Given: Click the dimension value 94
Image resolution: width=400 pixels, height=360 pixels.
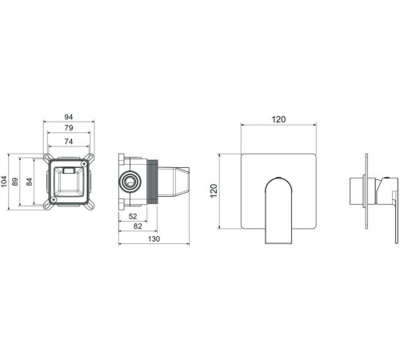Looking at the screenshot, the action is pyautogui.click(x=69, y=117).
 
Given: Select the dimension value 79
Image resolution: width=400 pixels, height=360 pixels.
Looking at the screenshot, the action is pyautogui.click(x=69, y=128).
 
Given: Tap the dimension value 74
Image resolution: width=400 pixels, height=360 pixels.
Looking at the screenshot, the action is pyautogui.click(x=69, y=142).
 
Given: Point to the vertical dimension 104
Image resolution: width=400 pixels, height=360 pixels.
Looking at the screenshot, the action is pyautogui.click(x=4, y=182).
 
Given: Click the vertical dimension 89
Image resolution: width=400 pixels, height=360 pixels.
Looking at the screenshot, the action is pyautogui.click(x=15, y=182).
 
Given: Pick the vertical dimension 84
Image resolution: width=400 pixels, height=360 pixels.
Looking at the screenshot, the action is pyautogui.click(x=29, y=182).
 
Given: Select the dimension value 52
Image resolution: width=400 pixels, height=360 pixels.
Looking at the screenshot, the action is pyautogui.click(x=133, y=216).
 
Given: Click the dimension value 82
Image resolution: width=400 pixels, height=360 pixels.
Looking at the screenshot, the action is pyautogui.click(x=138, y=226).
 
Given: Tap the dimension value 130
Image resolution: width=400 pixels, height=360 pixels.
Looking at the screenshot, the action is pyautogui.click(x=154, y=238).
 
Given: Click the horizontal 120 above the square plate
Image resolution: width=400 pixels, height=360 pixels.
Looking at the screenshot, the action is pyautogui.click(x=278, y=119).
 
